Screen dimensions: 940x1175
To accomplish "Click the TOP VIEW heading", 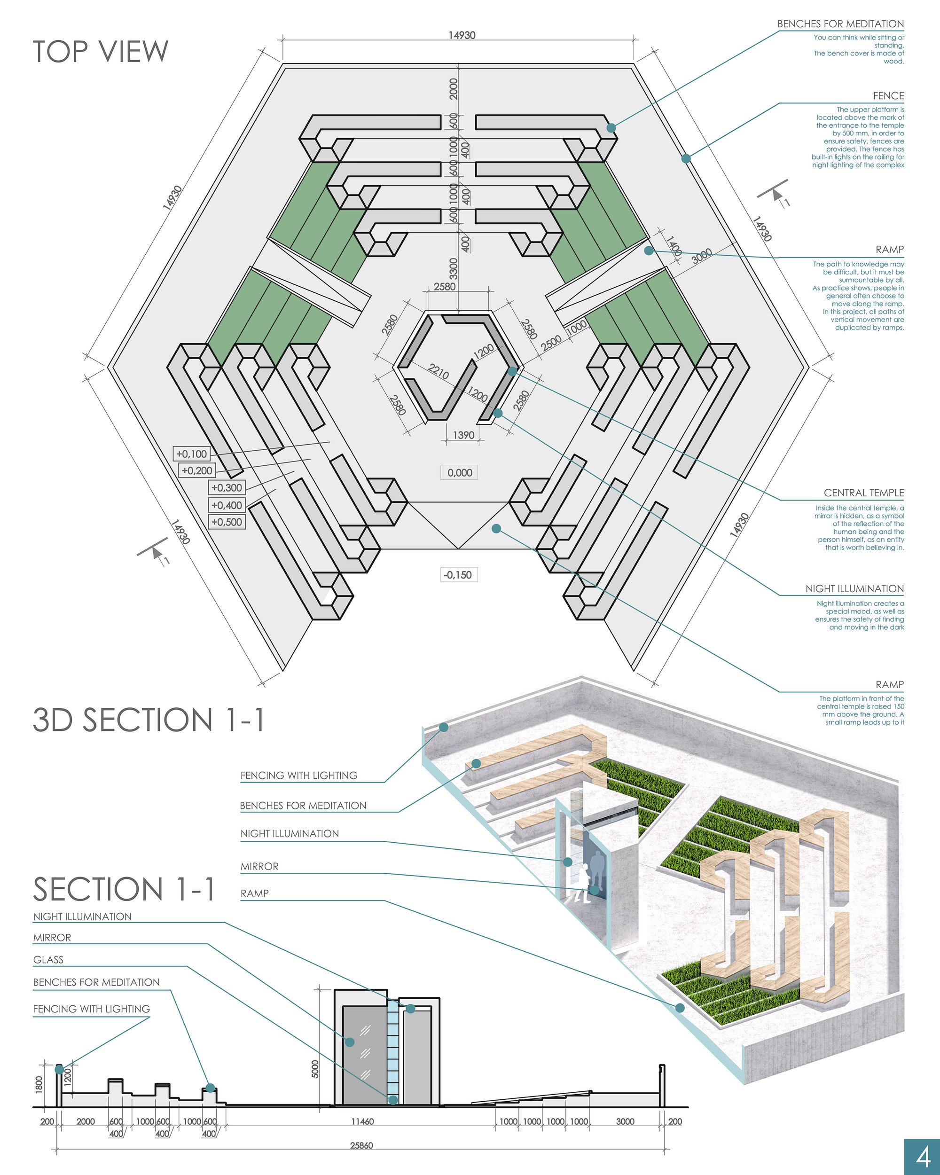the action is click(101, 51).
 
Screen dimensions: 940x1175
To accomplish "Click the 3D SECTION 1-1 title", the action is click(149, 720).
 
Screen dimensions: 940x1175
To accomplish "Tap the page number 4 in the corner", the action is click(923, 1156).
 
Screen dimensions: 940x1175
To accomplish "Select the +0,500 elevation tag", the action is click(227, 522).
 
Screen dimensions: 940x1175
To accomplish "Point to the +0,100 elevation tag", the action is click(192, 454).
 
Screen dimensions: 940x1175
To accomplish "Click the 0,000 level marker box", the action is click(459, 472).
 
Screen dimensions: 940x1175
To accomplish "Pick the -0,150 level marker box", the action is click(459, 574).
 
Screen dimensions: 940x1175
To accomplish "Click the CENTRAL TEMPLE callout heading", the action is click(864, 493).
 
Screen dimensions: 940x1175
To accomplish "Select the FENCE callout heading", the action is click(888, 96).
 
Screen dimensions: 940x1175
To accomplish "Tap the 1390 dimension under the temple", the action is click(463, 435).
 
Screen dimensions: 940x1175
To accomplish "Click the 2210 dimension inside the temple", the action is click(439, 372).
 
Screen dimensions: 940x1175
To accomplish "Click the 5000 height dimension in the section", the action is click(315, 1068).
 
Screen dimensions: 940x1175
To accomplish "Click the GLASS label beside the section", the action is click(48, 960).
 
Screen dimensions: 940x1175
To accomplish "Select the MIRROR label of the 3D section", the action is click(259, 867).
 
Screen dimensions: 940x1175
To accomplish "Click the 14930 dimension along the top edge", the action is click(462, 35).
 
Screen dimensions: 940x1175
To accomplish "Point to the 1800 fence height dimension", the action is click(39, 1083).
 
